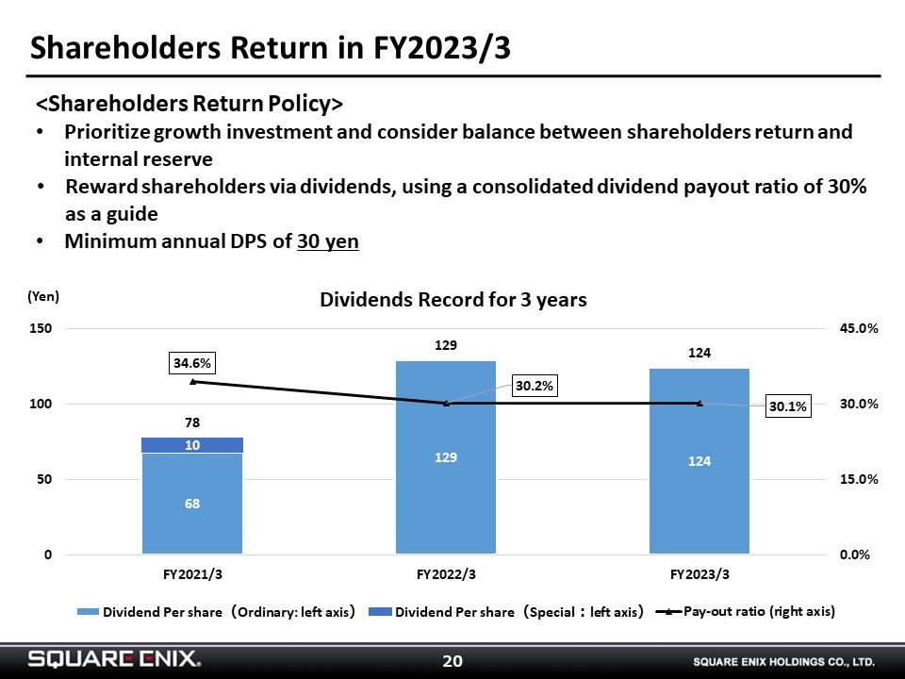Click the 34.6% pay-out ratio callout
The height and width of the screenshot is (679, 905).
tap(192, 363)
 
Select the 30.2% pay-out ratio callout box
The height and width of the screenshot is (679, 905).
tap(534, 386)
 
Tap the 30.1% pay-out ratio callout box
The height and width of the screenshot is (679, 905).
tap(788, 406)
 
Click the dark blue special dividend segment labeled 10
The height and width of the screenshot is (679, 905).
tap(192, 445)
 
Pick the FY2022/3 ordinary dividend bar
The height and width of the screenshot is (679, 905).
tap(446, 457)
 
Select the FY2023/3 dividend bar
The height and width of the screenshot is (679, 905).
tap(699, 461)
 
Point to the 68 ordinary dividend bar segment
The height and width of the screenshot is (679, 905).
tap(192, 504)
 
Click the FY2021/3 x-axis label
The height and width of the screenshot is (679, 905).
tap(192, 574)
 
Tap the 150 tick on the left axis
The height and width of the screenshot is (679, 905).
tap(41, 328)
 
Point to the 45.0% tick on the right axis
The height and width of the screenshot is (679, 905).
tap(859, 328)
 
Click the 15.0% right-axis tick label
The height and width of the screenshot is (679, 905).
tap(859, 479)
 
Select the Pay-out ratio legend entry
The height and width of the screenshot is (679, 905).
tap(746, 611)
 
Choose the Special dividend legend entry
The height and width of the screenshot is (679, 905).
tap(505, 612)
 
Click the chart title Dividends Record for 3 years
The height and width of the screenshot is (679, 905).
tap(453, 300)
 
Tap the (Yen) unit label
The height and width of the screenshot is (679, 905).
tap(43, 296)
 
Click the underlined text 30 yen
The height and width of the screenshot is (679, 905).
tap(328, 241)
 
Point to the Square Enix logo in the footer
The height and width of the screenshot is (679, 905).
tap(115, 659)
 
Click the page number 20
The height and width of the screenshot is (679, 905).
tap(452, 660)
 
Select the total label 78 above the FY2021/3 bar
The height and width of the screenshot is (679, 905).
tap(192, 422)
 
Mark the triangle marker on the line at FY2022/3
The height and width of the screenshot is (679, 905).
tap(446, 404)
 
